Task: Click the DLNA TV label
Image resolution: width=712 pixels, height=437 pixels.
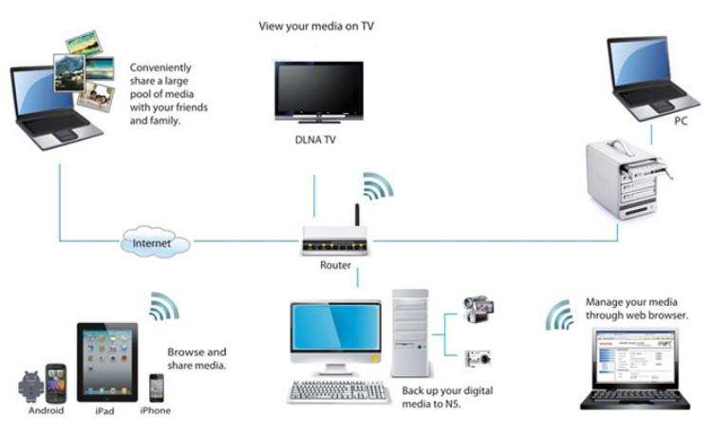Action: [x=316, y=141]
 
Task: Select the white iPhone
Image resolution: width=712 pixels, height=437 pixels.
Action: [x=157, y=387]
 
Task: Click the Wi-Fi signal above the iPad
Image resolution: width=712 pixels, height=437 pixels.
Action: [x=162, y=307]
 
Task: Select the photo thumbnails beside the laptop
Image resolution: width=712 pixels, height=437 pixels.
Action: [x=84, y=68]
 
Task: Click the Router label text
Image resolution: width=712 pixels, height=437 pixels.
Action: [x=335, y=266]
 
